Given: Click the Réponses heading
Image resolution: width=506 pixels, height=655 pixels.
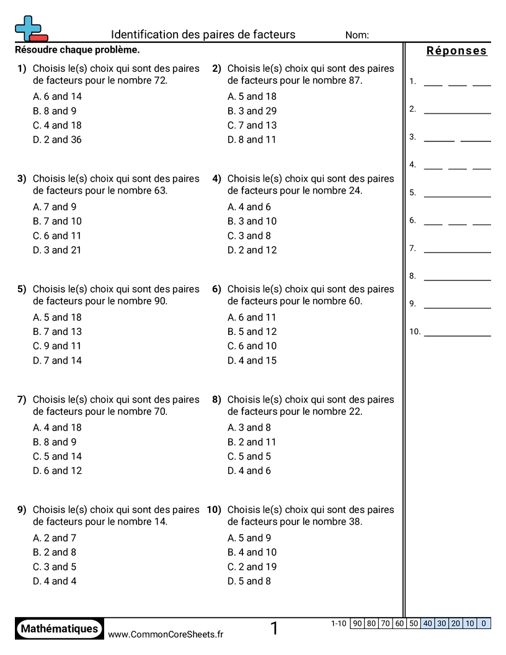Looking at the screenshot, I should [x=457, y=51].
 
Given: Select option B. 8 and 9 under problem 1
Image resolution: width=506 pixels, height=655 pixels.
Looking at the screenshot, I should [x=55, y=111].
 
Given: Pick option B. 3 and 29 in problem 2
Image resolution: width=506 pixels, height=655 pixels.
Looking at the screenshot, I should [x=252, y=111].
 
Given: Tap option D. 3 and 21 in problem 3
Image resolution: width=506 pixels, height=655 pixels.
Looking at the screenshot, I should [x=57, y=250].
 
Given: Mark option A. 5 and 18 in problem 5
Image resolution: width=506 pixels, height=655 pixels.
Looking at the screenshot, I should [x=57, y=318].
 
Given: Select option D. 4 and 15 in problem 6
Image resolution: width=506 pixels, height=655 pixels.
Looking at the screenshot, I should [x=252, y=360].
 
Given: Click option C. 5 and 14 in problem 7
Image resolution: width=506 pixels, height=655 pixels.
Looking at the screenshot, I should [x=57, y=457].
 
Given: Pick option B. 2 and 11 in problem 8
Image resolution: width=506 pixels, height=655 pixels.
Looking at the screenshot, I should [x=252, y=442].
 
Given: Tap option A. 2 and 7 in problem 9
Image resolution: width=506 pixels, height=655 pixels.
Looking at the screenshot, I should [x=55, y=538].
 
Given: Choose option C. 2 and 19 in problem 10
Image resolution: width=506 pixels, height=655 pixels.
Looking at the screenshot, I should [x=252, y=567].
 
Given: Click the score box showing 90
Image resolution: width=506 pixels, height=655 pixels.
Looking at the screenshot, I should [x=357, y=623].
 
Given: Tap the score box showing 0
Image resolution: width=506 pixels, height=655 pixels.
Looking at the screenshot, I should [x=484, y=623].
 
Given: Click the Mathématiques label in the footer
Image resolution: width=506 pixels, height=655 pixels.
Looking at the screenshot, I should [x=60, y=629].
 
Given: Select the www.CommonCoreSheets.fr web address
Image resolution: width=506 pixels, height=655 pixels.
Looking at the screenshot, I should [x=166, y=634].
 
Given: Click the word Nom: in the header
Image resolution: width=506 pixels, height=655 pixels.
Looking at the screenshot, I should [x=357, y=35].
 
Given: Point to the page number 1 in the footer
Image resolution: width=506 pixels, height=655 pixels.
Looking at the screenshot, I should [x=274, y=629].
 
